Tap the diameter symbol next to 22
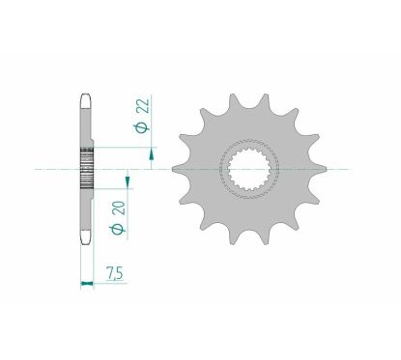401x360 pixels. pyautogui.click(x=140, y=126)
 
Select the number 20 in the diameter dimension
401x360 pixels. pyautogui.click(x=116, y=205)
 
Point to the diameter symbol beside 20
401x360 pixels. pyautogui.click(x=116, y=228)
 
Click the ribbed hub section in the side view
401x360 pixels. pyautogui.click(x=85, y=171)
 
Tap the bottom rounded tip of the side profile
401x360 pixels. pyautogui.click(x=85, y=246)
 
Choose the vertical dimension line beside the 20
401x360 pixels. pyautogui.click(x=127, y=217)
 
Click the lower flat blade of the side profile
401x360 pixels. pyautogui.click(x=85, y=217)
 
